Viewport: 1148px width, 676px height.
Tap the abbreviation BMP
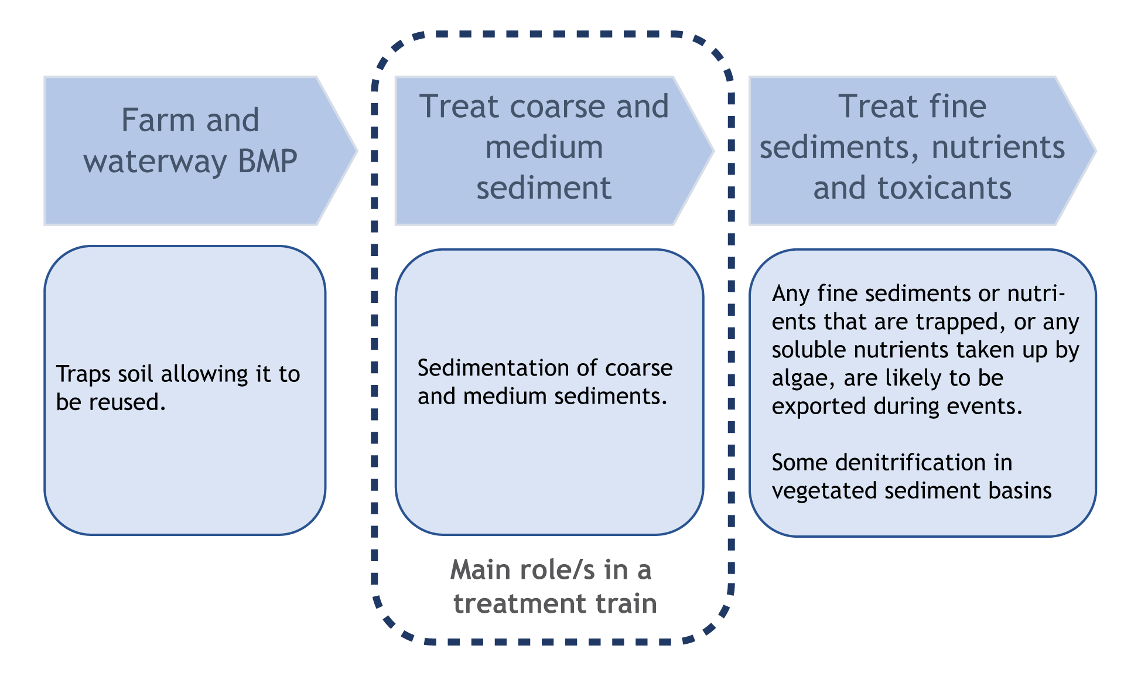[x=267, y=161]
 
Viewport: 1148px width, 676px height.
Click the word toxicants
[x=944, y=188]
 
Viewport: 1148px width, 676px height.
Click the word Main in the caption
[x=475, y=570]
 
